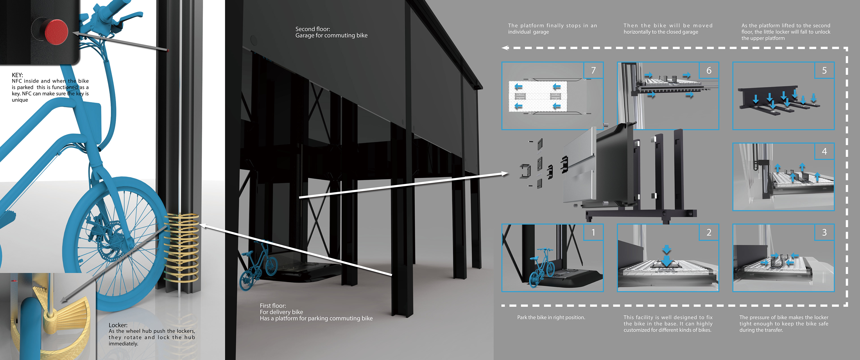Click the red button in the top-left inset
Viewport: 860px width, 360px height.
[56, 32]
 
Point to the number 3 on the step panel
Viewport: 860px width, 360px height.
[824, 233]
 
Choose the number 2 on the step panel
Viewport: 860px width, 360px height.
[709, 233]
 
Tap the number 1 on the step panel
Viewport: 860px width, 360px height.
[593, 233]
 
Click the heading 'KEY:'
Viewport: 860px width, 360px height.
[17, 75]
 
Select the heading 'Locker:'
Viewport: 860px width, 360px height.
[118, 325]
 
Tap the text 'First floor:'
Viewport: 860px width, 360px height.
[273, 306]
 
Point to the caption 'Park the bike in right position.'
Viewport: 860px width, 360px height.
[551, 317]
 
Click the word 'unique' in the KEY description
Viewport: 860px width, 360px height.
[20, 100]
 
